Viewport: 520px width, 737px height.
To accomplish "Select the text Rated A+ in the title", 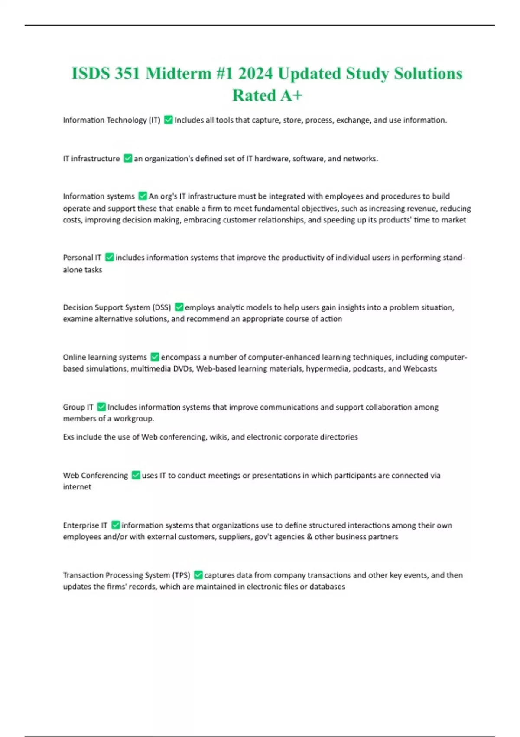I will click(267, 95).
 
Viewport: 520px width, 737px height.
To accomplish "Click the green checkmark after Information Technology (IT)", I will click(169, 120).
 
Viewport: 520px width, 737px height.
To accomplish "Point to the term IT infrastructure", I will click(91, 159).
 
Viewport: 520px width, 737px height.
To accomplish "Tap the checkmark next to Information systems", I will click(143, 196).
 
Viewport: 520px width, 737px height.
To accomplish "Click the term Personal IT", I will click(82, 258).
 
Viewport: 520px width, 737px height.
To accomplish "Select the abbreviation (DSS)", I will click(162, 307).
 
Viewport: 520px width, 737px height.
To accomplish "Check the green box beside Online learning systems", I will click(155, 357).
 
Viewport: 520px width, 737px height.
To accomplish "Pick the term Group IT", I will click(78, 407).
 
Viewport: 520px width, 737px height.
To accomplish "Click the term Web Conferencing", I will click(95, 476).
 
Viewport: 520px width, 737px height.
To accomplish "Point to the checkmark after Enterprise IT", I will click(115, 525).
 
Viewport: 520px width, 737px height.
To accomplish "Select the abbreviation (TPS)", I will click(181, 575).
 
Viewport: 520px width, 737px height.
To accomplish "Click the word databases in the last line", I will click(327, 587).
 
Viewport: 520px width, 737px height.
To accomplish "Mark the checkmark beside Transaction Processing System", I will click(198, 575).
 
